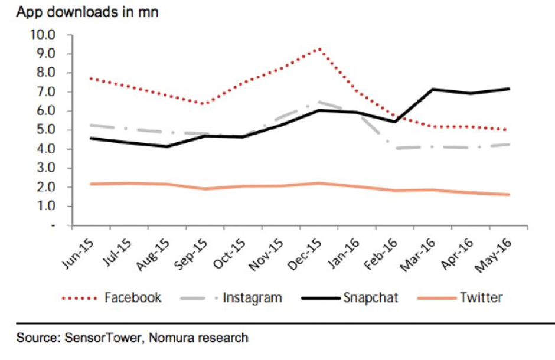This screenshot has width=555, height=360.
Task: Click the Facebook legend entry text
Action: click(x=133, y=297)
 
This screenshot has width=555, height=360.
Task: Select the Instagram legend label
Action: click(x=252, y=297)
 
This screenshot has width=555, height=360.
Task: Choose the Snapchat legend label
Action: click(x=371, y=297)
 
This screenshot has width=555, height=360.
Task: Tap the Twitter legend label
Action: click(x=481, y=297)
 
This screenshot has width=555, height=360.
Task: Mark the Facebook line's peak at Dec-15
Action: click(x=318, y=48)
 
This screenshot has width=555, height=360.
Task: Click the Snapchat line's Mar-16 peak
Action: click(x=433, y=90)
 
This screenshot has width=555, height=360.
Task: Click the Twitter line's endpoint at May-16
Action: click(x=510, y=194)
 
